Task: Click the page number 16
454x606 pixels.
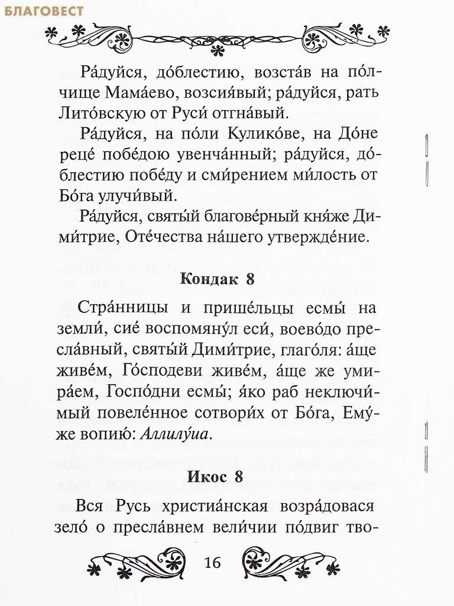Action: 212,563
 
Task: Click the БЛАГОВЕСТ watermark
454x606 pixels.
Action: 43,10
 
